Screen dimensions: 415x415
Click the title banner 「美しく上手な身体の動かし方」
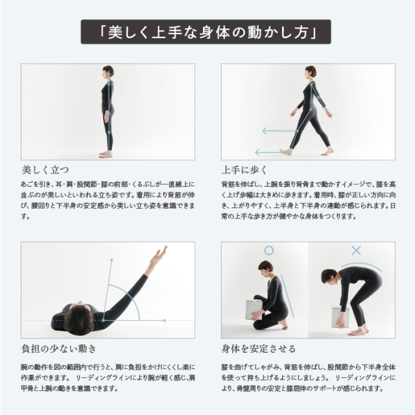(x=206, y=32)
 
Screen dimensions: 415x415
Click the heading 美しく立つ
(x=45, y=170)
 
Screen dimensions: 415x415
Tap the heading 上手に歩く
(x=244, y=170)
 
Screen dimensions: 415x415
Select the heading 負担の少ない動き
(x=59, y=349)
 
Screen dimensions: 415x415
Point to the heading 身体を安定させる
(x=258, y=349)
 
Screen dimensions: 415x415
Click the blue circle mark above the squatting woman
(x=268, y=250)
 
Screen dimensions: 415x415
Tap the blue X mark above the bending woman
(x=356, y=250)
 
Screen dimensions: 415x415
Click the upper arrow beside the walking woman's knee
(x=279, y=131)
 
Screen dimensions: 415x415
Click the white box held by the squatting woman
(x=254, y=310)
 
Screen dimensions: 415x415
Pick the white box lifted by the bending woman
(x=340, y=316)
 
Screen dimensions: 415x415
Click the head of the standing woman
(x=108, y=71)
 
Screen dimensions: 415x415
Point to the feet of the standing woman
(x=106, y=154)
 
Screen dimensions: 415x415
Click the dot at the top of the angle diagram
(x=112, y=260)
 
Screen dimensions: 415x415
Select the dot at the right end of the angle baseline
(x=164, y=320)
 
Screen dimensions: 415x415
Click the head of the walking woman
(x=310, y=71)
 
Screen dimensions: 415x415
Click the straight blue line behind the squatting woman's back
(x=287, y=296)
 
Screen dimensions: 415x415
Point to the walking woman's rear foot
(x=327, y=151)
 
